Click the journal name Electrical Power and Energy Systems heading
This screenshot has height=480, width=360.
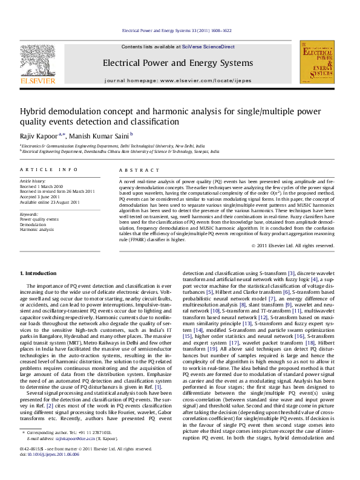tap(178, 63)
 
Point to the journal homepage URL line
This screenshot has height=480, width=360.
tap(178, 80)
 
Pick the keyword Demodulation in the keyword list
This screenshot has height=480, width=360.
tap(33, 224)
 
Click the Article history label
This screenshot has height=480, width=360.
tap(33, 181)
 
